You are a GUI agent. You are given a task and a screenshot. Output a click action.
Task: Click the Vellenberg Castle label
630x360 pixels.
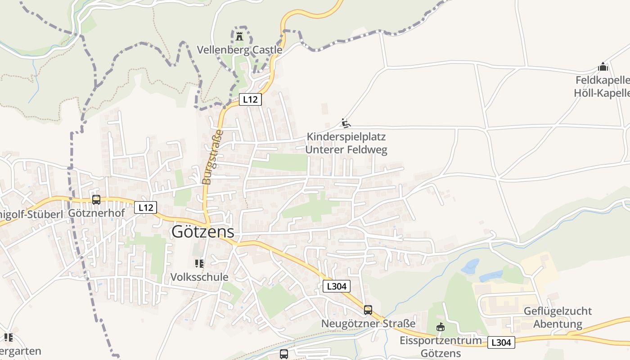(x=240, y=49)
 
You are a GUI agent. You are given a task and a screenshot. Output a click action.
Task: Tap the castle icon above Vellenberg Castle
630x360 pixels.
(x=239, y=36)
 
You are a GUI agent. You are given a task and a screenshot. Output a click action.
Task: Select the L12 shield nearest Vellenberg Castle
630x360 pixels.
(x=250, y=99)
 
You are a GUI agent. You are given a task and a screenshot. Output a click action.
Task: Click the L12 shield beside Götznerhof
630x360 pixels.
(x=145, y=207)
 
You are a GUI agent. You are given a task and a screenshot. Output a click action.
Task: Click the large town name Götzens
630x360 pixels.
(x=203, y=232)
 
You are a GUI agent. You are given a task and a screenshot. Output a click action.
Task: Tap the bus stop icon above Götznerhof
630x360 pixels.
(x=96, y=199)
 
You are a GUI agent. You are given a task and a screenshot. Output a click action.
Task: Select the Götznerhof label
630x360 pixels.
(x=96, y=213)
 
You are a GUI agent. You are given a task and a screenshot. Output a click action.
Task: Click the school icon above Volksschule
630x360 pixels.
(x=199, y=263)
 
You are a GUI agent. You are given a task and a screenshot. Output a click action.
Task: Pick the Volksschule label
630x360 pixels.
(x=199, y=277)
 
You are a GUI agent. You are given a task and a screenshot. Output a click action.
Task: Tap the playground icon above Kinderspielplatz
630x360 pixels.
(x=346, y=123)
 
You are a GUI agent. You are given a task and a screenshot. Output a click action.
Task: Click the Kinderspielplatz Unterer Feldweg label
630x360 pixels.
(x=346, y=143)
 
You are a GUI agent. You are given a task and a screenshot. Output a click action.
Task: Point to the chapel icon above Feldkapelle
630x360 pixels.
(x=603, y=67)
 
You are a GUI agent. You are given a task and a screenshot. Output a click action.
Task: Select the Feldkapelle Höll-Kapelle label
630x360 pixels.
(x=602, y=87)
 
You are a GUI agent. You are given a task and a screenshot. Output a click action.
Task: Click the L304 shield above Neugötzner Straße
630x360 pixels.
(x=336, y=286)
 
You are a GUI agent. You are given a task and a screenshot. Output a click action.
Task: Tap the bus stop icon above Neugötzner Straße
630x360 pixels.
(x=368, y=310)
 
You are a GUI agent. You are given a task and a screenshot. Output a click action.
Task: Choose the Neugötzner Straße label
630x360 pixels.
(x=368, y=324)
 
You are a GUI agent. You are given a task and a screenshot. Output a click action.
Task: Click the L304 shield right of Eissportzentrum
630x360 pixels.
(x=501, y=342)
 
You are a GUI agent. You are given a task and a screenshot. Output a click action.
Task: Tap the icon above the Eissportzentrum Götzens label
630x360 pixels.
(x=441, y=327)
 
